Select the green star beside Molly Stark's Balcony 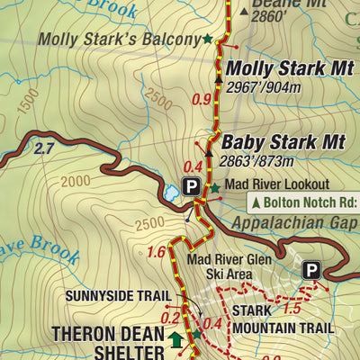[209, 39]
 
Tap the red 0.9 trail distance [202, 100]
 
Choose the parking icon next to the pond [191, 187]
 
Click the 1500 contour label [27, 101]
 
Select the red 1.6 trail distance [156, 251]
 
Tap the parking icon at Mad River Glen [311, 269]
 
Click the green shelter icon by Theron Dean [175, 340]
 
